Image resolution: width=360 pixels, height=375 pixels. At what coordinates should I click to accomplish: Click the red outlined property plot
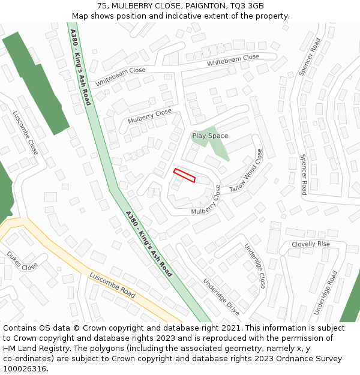pyautogui.click(x=184, y=175)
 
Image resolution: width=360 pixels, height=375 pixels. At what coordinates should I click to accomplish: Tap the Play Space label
pyautogui.click(x=210, y=136)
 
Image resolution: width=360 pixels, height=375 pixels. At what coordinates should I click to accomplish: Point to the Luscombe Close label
pyautogui.click(x=26, y=132)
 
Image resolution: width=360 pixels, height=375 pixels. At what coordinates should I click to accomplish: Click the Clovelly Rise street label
pyautogui.click(x=311, y=244)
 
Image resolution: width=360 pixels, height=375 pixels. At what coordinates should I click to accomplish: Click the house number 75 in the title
pyautogui.click(x=101, y=6)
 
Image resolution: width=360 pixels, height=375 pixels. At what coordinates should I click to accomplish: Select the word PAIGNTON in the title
pyautogui.click(x=202, y=6)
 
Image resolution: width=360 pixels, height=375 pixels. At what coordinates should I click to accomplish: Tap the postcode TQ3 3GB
pyautogui.click(x=247, y=6)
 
